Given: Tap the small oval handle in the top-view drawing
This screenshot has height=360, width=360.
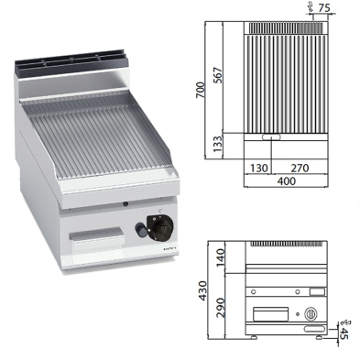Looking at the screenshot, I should [x=271, y=138].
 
